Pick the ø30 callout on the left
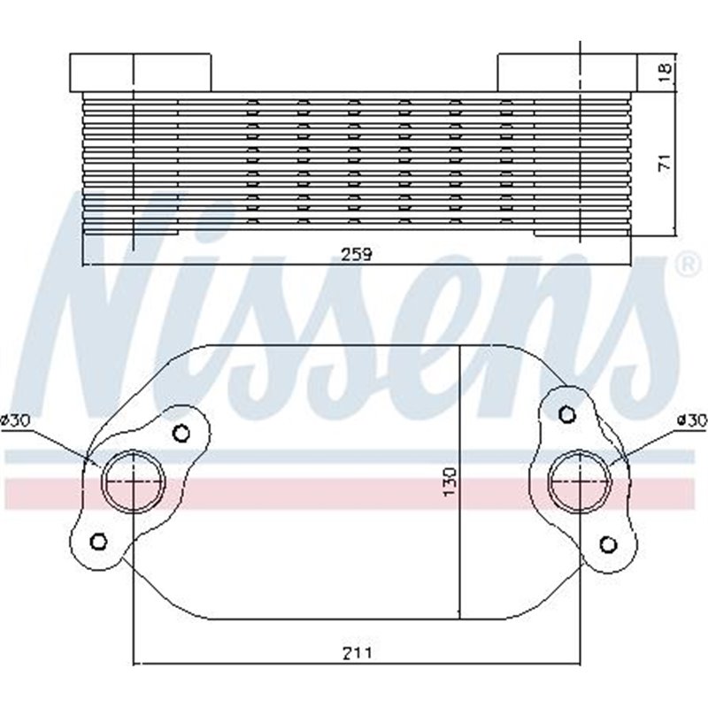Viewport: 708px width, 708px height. pos(18,420)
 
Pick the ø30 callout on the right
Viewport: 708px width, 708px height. pos(690,420)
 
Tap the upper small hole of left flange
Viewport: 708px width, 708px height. pos(181,433)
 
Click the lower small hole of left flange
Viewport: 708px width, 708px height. pos(98,541)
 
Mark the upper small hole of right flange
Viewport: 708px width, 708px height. pos(567,412)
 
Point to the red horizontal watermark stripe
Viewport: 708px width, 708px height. pos(354,492)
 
